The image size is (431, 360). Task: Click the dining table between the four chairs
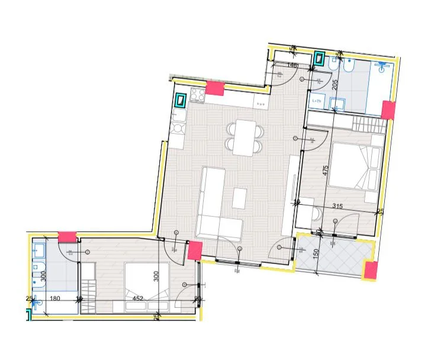pos(243,137)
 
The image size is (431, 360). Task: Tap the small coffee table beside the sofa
pos(239,198)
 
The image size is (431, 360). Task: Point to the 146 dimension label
pos(291,65)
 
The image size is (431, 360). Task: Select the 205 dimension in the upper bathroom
pos(334,83)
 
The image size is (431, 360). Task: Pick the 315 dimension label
pos(338,207)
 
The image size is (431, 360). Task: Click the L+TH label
pos(316,101)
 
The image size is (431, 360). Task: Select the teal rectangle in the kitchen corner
pos(181,99)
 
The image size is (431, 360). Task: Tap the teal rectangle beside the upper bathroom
pos(319,59)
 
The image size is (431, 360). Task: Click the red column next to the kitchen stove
pos(214,89)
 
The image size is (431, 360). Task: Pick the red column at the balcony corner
pos(371,271)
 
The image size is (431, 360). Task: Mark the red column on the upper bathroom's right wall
pos(388,110)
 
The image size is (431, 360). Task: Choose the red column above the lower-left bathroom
pos(67,236)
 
